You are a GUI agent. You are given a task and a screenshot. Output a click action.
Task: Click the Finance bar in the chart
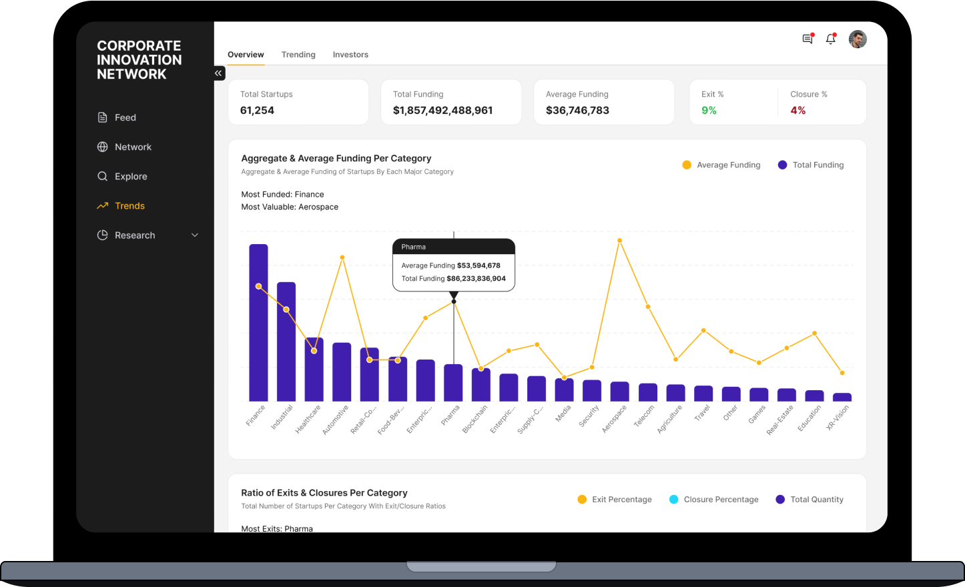click(x=258, y=323)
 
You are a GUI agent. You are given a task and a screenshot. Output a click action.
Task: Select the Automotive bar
click(x=342, y=372)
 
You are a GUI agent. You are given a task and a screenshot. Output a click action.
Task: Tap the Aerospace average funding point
click(x=620, y=241)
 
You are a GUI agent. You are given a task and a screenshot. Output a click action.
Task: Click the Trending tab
click(x=298, y=55)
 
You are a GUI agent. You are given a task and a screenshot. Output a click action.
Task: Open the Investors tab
click(x=350, y=55)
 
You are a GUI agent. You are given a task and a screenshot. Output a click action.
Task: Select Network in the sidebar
click(x=133, y=147)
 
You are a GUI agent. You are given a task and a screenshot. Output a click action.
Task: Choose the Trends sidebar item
click(x=129, y=206)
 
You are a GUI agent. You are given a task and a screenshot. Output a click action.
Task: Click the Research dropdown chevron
click(x=195, y=235)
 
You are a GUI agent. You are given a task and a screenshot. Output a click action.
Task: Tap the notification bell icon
click(x=831, y=39)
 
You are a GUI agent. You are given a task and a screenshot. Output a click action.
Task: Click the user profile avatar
click(x=858, y=39)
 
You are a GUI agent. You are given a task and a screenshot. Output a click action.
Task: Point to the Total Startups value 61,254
click(x=257, y=111)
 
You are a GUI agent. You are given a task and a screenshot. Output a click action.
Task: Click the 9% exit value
click(x=709, y=111)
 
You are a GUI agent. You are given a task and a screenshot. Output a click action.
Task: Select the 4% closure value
click(x=797, y=111)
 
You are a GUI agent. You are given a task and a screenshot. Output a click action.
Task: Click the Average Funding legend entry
click(x=721, y=165)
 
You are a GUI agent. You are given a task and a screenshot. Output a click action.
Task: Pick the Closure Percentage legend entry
click(x=714, y=500)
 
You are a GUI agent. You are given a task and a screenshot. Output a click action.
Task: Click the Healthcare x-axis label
click(x=308, y=420)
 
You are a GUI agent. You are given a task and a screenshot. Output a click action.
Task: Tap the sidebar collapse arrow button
click(x=219, y=73)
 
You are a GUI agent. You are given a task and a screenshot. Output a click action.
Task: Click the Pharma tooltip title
click(x=414, y=247)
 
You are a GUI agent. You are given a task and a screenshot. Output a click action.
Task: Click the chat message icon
click(x=808, y=39)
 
